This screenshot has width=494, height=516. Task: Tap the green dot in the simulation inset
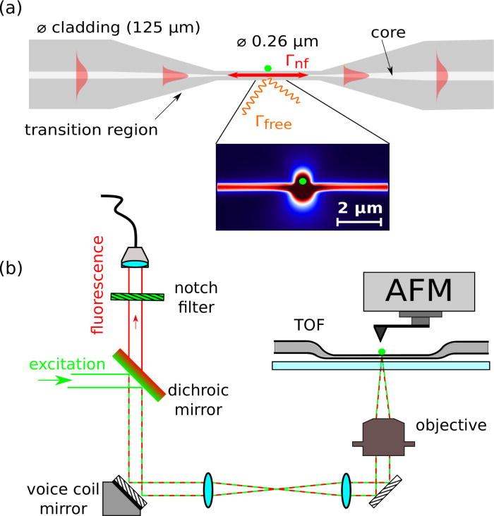pyautogui.click(x=302, y=181)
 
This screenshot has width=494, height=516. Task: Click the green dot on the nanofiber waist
pyautogui.click(x=267, y=68)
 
